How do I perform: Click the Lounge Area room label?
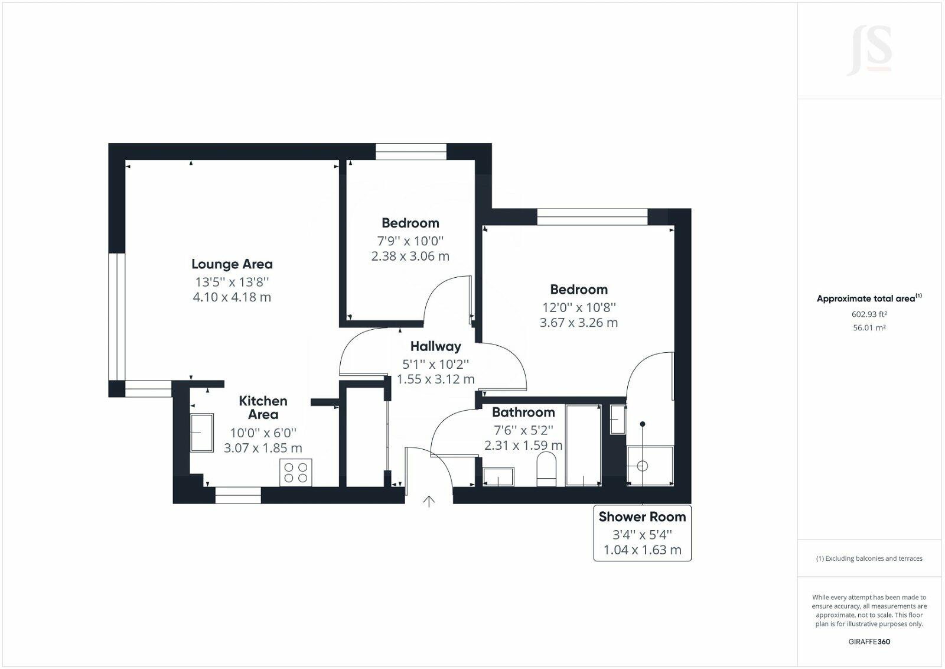[x=232, y=264]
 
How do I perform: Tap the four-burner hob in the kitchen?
[x=296, y=472]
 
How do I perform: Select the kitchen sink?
[x=201, y=433]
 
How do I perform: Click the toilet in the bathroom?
[x=547, y=470]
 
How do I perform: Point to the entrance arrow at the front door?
[x=429, y=502]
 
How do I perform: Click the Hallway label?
[x=435, y=346]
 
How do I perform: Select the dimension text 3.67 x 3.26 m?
[x=578, y=323]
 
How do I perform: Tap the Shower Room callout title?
[x=642, y=517]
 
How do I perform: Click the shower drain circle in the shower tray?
[x=643, y=466]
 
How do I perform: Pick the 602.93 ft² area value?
[x=869, y=314]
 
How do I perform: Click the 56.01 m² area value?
[x=869, y=327]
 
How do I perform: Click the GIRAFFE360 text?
[x=869, y=641]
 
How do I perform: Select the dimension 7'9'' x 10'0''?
[x=410, y=241]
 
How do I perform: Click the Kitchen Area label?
[x=263, y=407]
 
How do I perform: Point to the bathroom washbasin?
[x=498, y=476]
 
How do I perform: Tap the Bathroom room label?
[x=523, y=413]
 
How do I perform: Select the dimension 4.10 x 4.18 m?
[x=232, y=297]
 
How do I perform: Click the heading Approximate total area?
[x=866, y=298]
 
